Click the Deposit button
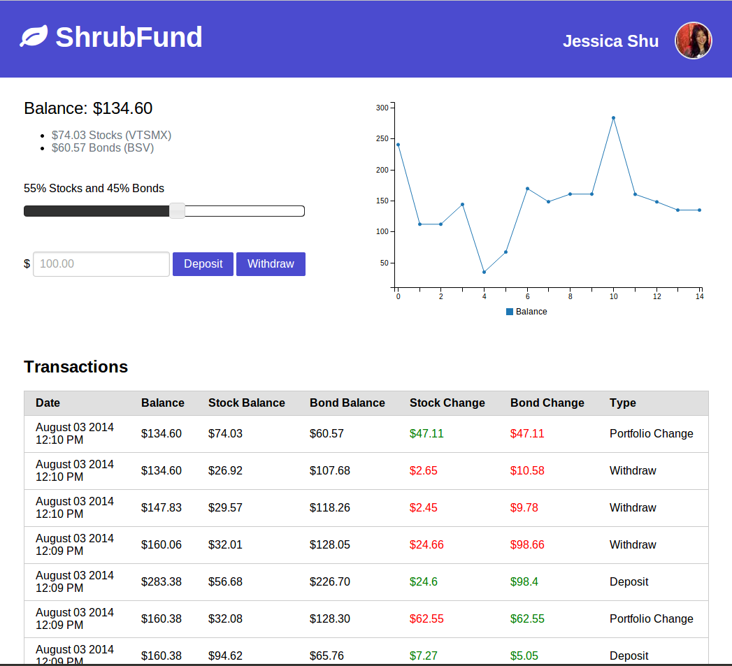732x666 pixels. [203, 264]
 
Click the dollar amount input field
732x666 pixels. [101, 264]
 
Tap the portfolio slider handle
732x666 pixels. [178, 211]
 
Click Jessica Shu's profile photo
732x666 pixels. [693, 41]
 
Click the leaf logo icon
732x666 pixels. [34, 36]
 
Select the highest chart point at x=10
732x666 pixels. [613, 118]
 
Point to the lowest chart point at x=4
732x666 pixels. [484, 272]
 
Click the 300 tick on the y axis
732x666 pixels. [382, 108]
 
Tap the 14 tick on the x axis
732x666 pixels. [699, 297]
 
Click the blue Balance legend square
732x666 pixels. [510, 312]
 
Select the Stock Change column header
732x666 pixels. [447, 403]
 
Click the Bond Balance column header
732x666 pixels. [347, 403]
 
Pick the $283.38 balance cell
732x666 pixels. [161, 582]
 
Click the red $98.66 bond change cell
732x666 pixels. [527, 545]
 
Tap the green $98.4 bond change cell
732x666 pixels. [524, 582]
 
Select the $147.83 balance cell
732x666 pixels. [161, 508]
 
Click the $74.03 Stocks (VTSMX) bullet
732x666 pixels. [111, 136]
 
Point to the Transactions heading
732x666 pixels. [76, 367]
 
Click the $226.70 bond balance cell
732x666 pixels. [329, 582]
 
